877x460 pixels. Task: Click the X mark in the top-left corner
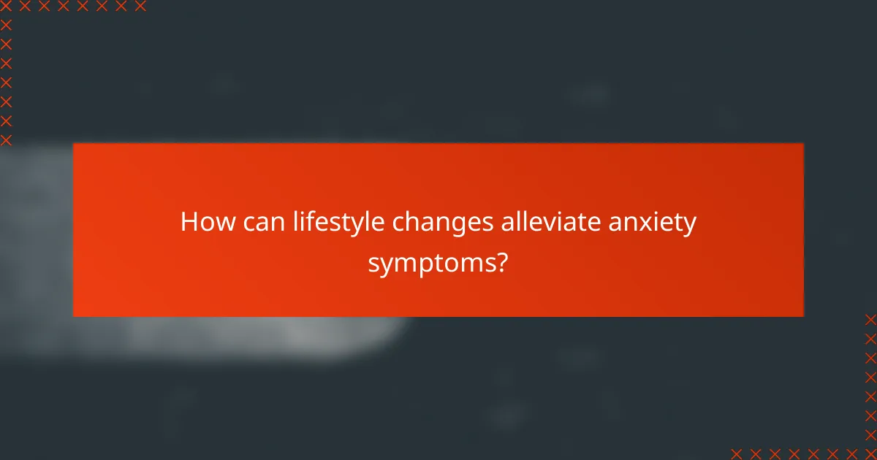click(x=7, y=7)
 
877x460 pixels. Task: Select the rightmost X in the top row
click(x=140, y=7)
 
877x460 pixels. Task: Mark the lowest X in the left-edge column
click(x=7, y=139)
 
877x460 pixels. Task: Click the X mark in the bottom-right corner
click(x=870, y=453)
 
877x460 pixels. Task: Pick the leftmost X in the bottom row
click(x=737, y=453)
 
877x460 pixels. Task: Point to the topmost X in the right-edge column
click(x=870, y=320)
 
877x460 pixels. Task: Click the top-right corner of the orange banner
click(x=803, y=143)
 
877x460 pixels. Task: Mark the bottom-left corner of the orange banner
click(x=74, y=316)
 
